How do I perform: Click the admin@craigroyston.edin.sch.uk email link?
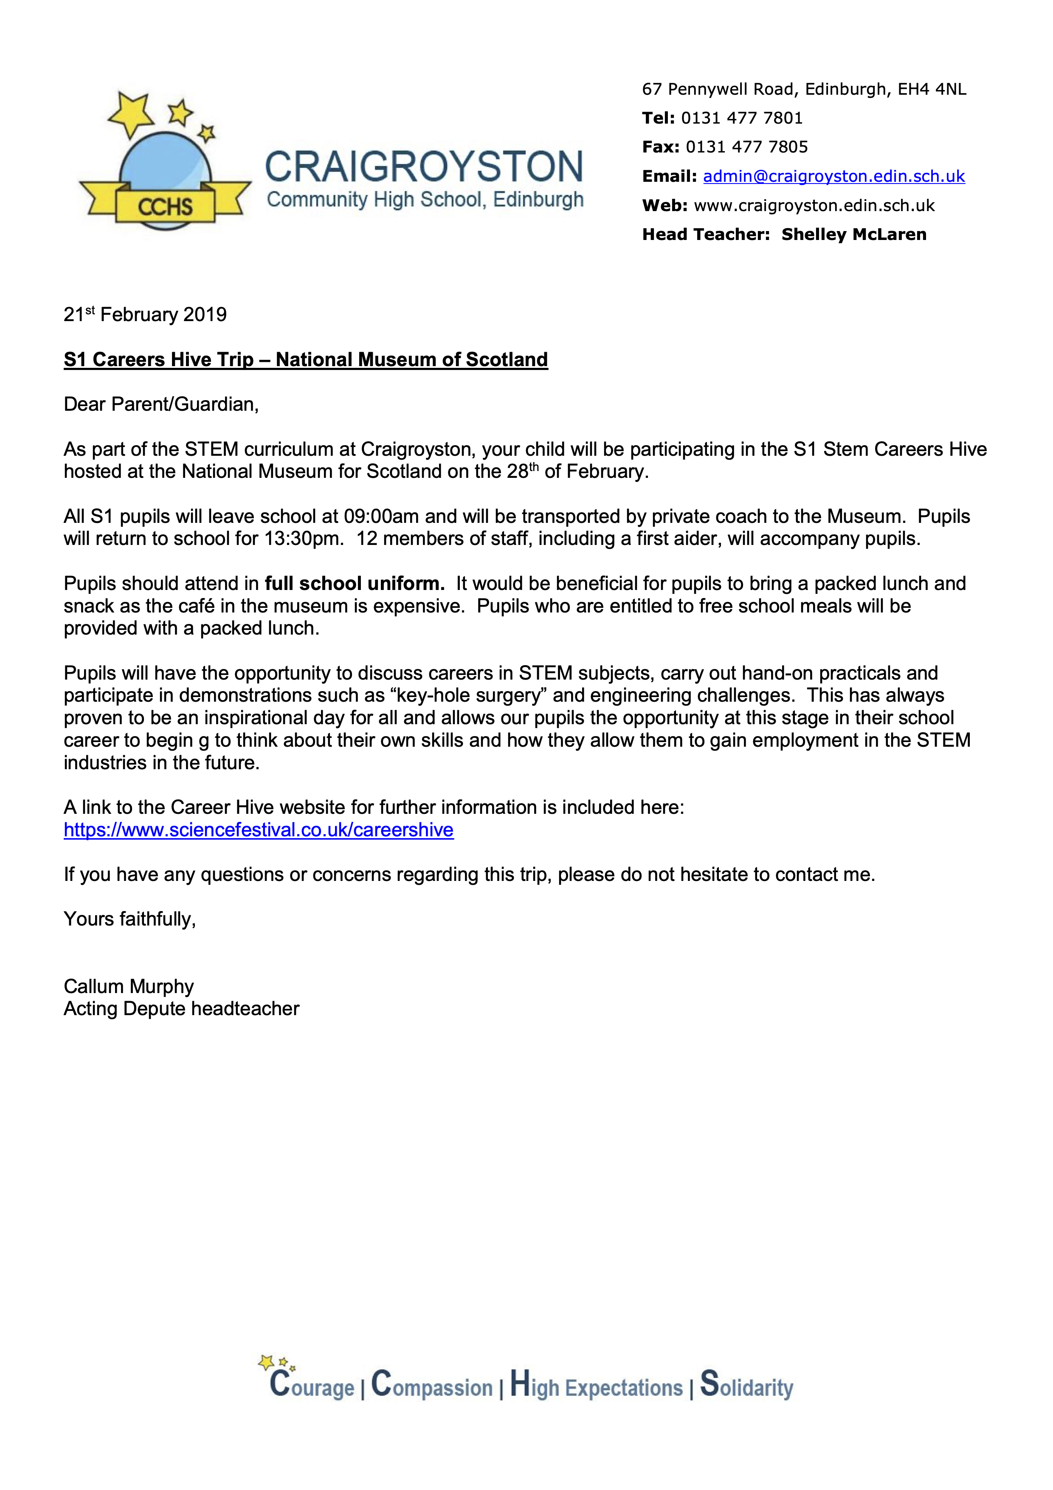tap(834, 177)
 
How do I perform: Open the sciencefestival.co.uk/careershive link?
tap(258, 830)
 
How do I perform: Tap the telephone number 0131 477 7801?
tap(742, 118)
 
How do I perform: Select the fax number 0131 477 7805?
tap(747, 147)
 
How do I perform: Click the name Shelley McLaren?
tap(854, 234)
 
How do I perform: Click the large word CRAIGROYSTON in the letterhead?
tap(424, 167)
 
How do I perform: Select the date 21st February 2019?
tap(145, 315)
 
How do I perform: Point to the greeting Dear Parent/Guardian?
tap(161, 404)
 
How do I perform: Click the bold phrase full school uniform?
tap(354, 584)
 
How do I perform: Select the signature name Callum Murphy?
tap(129, 986)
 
